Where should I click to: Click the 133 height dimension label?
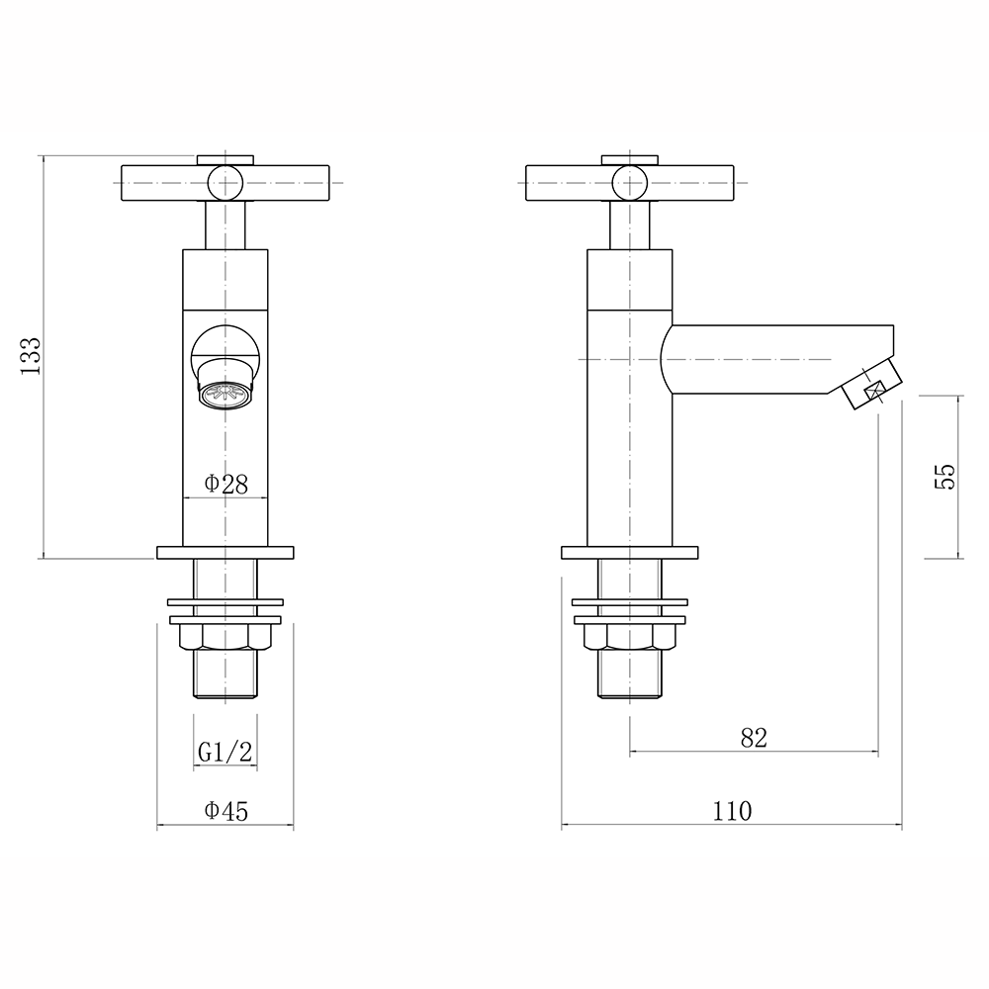[29, 354]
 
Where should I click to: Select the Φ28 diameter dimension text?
[225, 484]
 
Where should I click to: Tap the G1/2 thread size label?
[225, 752]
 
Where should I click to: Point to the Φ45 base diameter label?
[225, 811]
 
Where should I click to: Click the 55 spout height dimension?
[944, 476]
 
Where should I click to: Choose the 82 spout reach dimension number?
[754, 738]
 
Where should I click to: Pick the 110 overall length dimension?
[733, 811]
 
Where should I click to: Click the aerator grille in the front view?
[225, 395]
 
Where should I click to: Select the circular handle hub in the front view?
[225, 181]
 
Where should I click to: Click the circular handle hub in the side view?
[630, 181]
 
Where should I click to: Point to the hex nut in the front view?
[225, 638]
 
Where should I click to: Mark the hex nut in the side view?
[630, 638]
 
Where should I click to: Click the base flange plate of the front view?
[225, 552]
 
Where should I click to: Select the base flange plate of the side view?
[630, 552]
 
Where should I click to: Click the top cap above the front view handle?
[225, 158]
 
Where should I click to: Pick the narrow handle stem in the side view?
[630, 225]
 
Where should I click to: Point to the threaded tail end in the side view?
[630, 674]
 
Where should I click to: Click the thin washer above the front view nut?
[225, 600]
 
